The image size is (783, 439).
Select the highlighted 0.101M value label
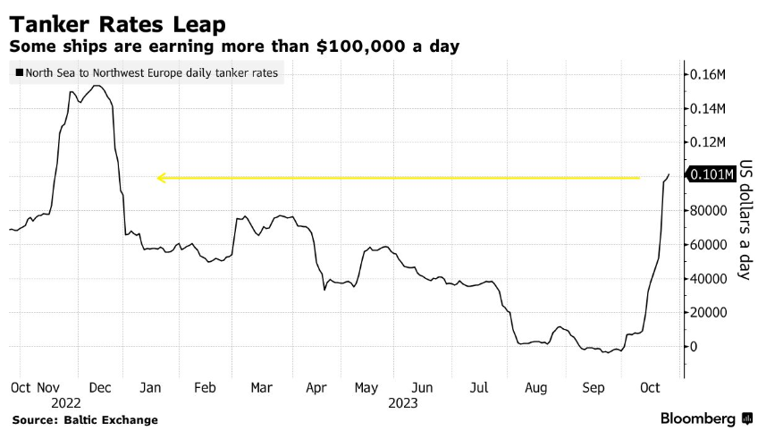pos(710,174)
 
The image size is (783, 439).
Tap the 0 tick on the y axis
pos(693,347)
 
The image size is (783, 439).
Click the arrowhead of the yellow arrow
pos(161,178)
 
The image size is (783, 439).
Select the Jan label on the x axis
pos(149,387)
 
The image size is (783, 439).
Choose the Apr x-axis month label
pos(316,387)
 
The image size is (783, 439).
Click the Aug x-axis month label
pos(535,387)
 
